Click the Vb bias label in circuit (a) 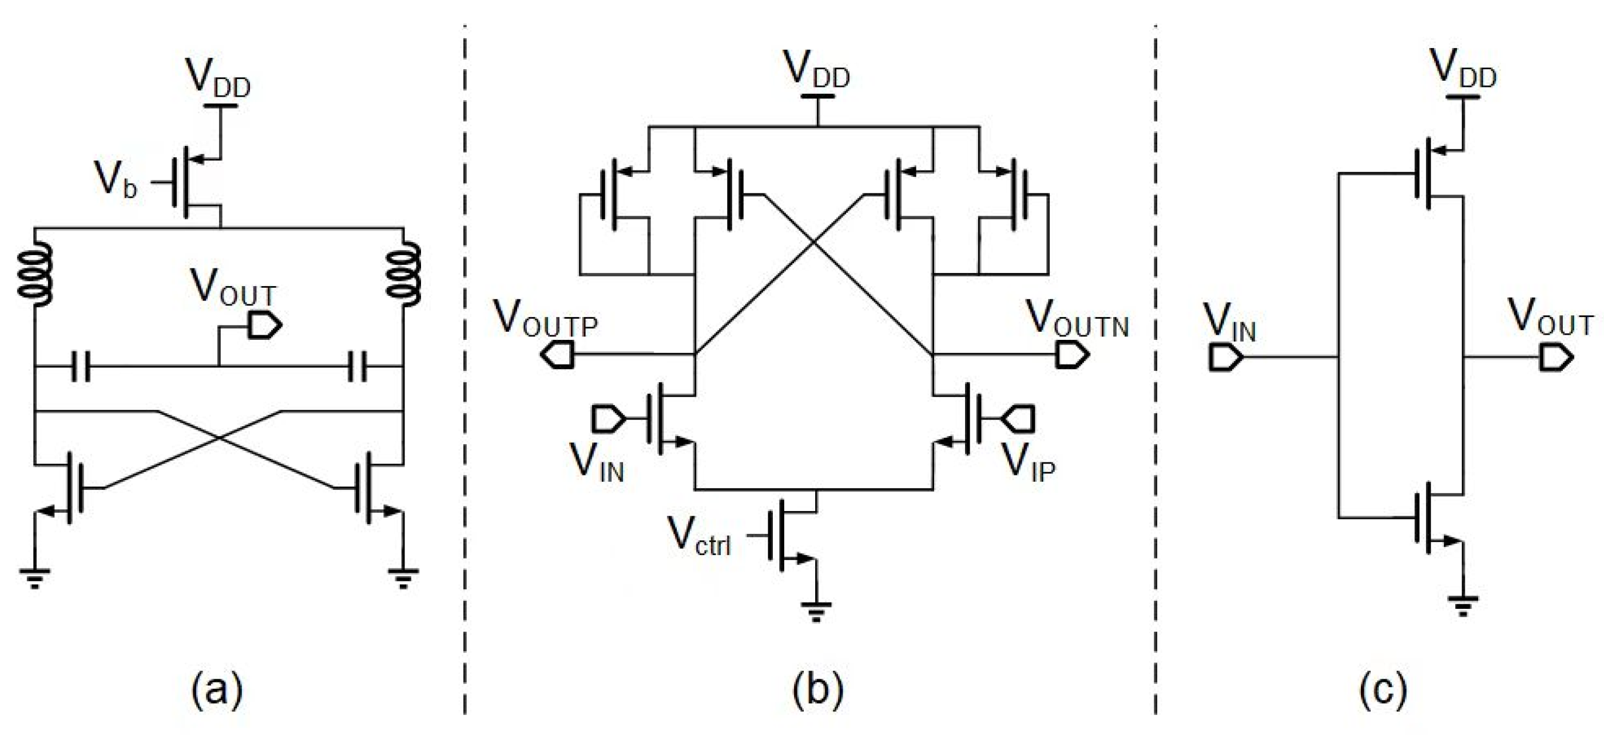tap(115, 180)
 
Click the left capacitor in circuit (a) tap(80, 366)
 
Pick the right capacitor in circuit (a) tap(358, 366)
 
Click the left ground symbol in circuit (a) tap(35, 577)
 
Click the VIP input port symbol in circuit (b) tap(1019, 419)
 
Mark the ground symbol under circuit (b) tap(816, 611)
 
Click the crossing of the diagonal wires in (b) tap(813, 244)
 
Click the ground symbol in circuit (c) tap(1463, 605)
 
